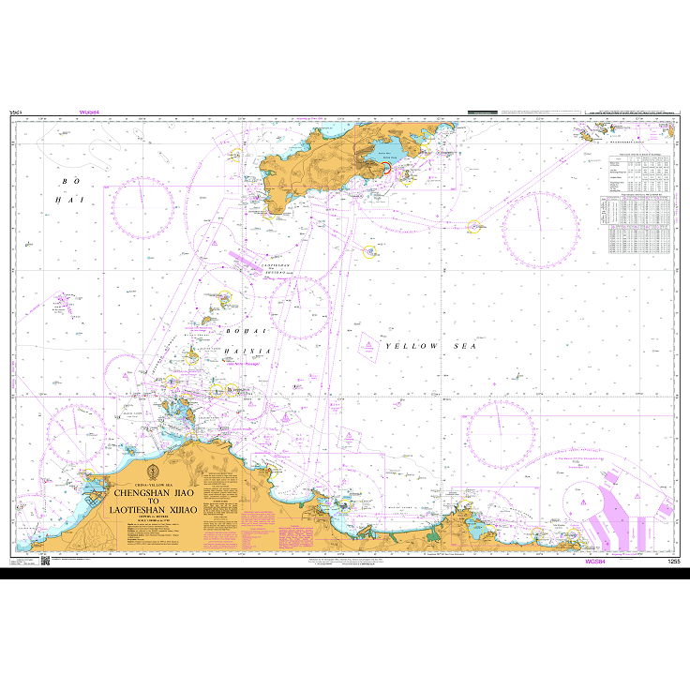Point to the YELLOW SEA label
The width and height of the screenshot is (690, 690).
click(x=427, y=347)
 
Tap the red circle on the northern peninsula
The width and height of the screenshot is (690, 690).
click(x=384, y=168)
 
